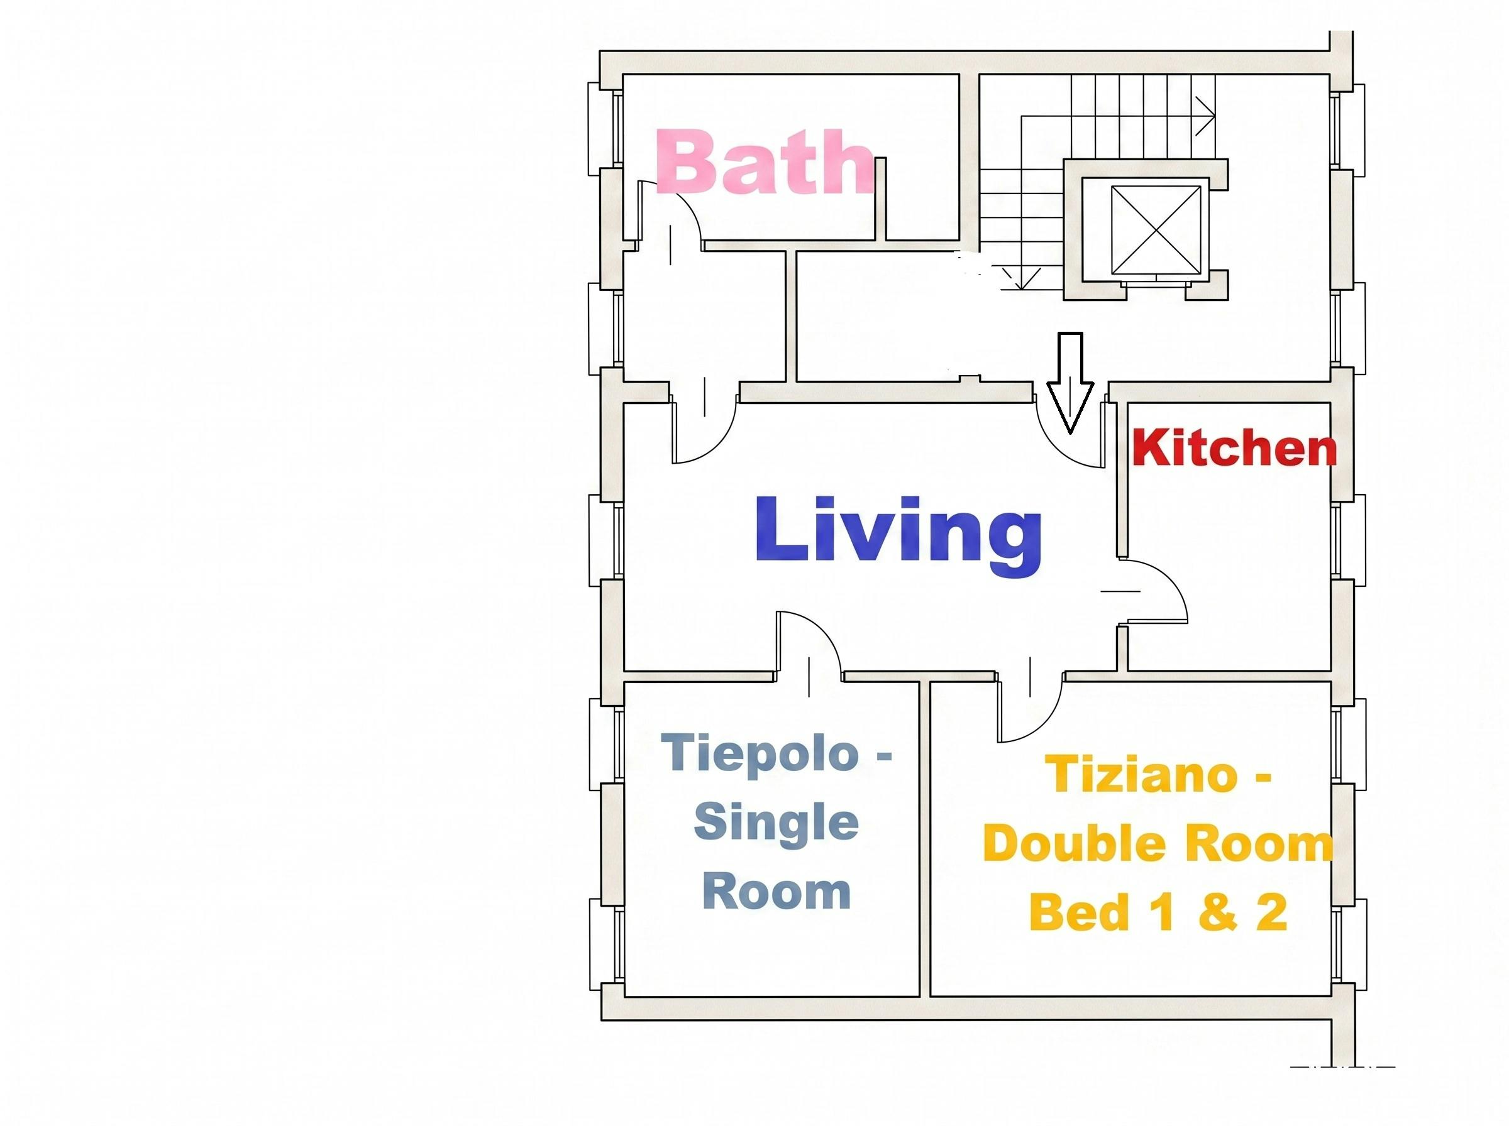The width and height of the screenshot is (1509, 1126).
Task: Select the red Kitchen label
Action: click(1234, 449)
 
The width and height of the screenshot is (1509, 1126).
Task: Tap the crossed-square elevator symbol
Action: click(1156, 230)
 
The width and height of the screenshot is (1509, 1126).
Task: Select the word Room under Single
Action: click(777, 892)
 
